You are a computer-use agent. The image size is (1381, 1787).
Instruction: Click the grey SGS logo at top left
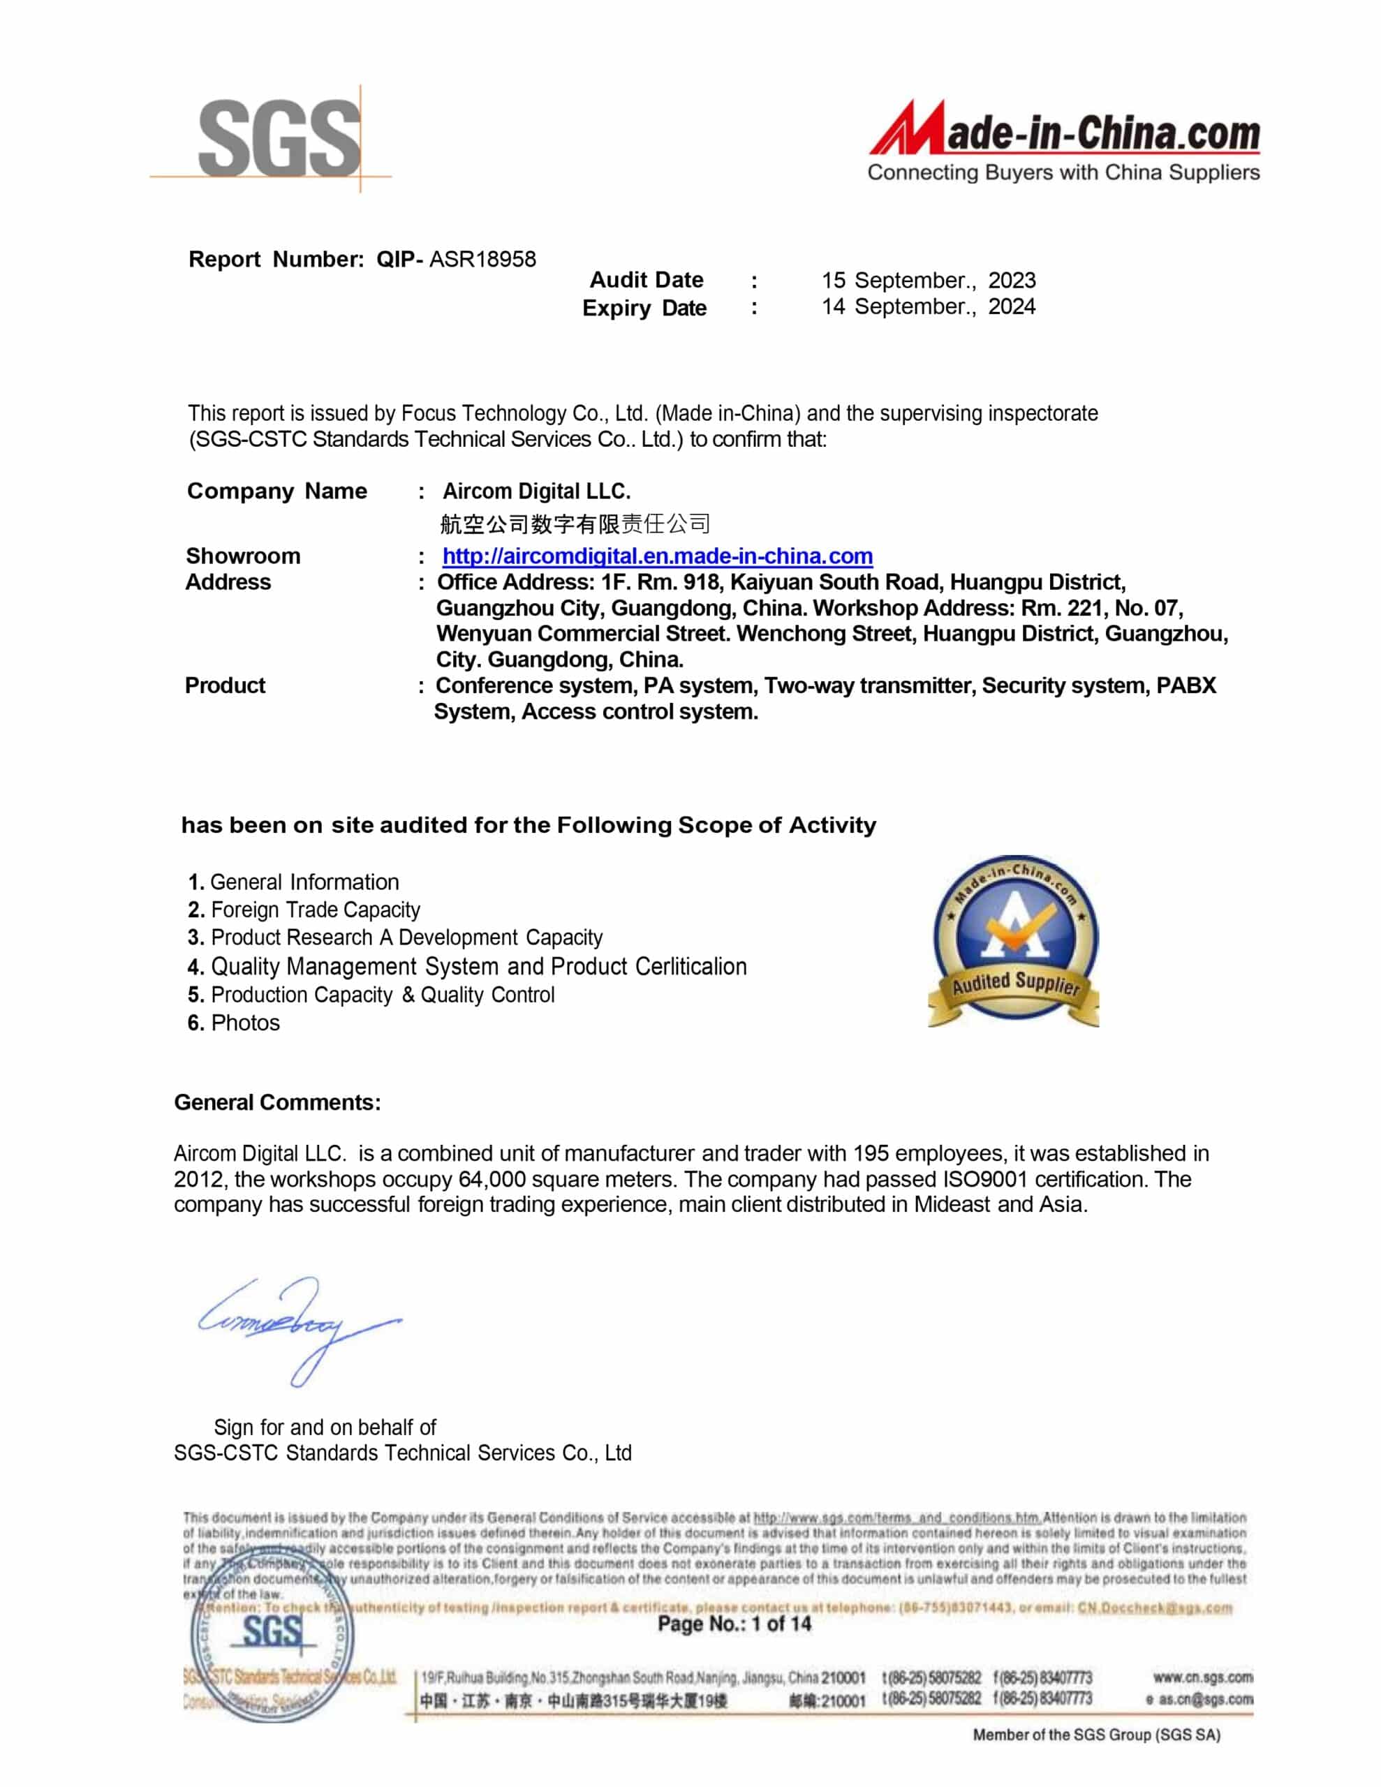point(279,138)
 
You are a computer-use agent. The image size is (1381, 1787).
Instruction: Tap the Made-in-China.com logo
point(1063,141)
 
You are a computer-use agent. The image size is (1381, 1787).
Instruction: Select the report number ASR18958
point(482,260)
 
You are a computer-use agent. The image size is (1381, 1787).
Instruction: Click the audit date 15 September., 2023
point(929,280)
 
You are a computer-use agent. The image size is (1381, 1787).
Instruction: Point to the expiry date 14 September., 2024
point(929,307)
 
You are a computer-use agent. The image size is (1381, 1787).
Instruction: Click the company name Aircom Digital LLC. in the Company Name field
point(536,491)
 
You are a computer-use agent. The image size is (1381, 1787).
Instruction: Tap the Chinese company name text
point(575,524)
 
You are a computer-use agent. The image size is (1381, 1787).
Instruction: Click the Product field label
point(225,685)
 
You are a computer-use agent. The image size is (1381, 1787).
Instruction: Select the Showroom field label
point(243,556)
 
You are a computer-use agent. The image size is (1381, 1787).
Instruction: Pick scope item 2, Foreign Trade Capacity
point(304,910)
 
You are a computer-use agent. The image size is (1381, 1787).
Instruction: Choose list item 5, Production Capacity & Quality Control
point(371,995)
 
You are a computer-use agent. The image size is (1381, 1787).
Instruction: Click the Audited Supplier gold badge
point(1014,941)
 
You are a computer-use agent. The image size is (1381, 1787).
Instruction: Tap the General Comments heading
point(277,1102)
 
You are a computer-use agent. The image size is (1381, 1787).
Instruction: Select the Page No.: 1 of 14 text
point(734,1624)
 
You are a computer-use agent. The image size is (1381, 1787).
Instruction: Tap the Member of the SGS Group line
point(1096,1735)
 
